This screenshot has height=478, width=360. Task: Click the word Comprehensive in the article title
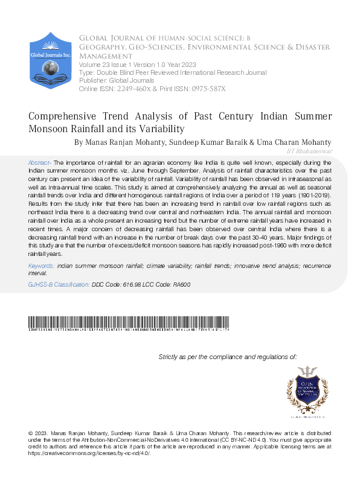pos(67,117)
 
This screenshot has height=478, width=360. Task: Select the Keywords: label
pos(42,266)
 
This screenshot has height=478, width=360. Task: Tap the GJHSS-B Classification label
pos(59,284)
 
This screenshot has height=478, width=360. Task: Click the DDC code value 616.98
pos(134,284)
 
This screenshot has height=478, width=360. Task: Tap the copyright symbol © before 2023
pos(31,434)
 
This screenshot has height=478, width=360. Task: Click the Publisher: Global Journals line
pos(116,80)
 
